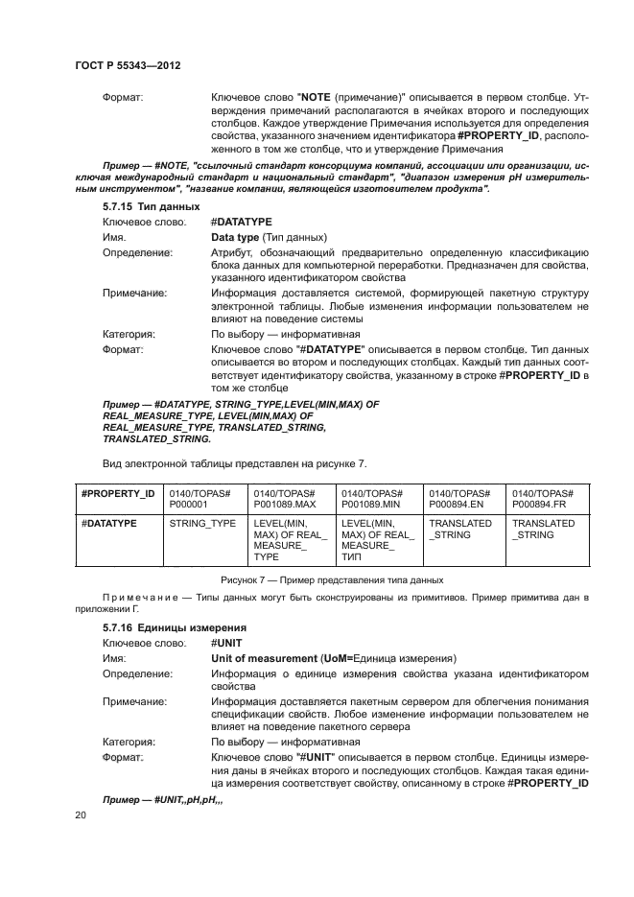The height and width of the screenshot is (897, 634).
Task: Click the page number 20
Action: [x=80, y=814]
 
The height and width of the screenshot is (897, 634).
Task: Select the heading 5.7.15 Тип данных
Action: [x=151, y=207]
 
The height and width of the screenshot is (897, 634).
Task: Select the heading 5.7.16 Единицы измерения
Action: [x=163, y=626]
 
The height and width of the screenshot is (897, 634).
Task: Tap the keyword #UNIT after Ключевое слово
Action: [x=223, y=642]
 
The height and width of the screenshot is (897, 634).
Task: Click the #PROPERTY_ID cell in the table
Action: [x=118, y=492]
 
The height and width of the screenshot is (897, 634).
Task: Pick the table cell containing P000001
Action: [x=201, y=498]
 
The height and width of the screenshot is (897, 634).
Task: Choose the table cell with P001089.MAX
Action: [x=287, y=498]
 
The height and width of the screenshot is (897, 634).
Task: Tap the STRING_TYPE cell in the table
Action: [x=202, y=524]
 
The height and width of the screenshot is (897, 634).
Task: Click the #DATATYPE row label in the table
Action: [x=109, y=524]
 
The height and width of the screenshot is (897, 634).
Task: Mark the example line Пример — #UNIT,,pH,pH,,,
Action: [x=163, y=799]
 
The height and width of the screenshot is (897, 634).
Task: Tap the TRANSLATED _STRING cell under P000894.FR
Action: [x=544, y=530]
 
